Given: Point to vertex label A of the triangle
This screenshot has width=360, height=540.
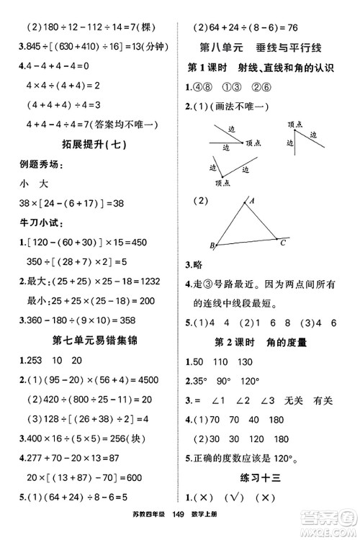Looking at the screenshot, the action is pos(251,202).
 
